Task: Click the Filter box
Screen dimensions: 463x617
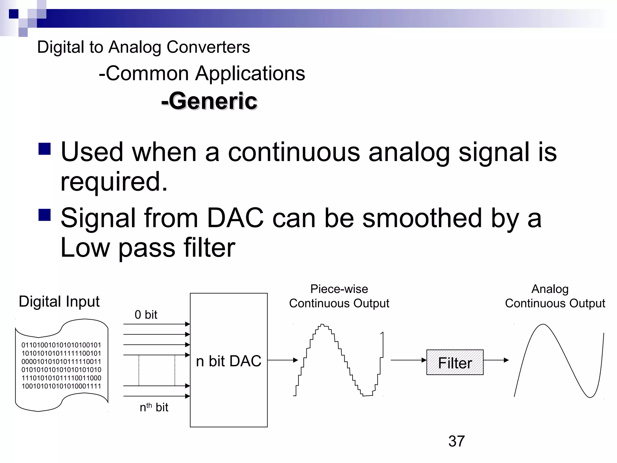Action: (x=455, y=362)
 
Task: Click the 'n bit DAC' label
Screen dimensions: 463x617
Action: (x=228, y=361)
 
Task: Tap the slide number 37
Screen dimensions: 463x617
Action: (x=456, y=441)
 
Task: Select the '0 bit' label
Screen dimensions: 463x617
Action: (x=146, y=315)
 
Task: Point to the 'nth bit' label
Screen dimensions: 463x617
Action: (x=154, y=407)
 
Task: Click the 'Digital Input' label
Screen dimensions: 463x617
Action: (x=59, y=301)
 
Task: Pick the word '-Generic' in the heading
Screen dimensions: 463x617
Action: (x=209, y=101)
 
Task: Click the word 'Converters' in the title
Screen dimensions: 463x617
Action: (x=208, y=47)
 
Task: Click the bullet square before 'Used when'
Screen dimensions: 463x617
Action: (x=45, y=149)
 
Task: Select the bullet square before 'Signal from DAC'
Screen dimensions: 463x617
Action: (x=45, y=215)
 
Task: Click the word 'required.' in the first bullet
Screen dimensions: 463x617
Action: (x=114, y=181)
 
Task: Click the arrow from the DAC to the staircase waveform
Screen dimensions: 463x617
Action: (x=283, y=360)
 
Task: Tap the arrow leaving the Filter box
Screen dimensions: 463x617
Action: (x=496, y=360)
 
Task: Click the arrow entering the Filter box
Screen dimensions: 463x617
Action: (x=409, y=360)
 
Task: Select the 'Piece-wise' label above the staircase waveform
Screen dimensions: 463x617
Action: (x=339, y=289)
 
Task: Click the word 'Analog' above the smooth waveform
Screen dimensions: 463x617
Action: (x=550, y=289)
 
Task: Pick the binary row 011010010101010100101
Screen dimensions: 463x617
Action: (x=61, y=345)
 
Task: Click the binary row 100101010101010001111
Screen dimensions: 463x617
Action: (x=61, y=386)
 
